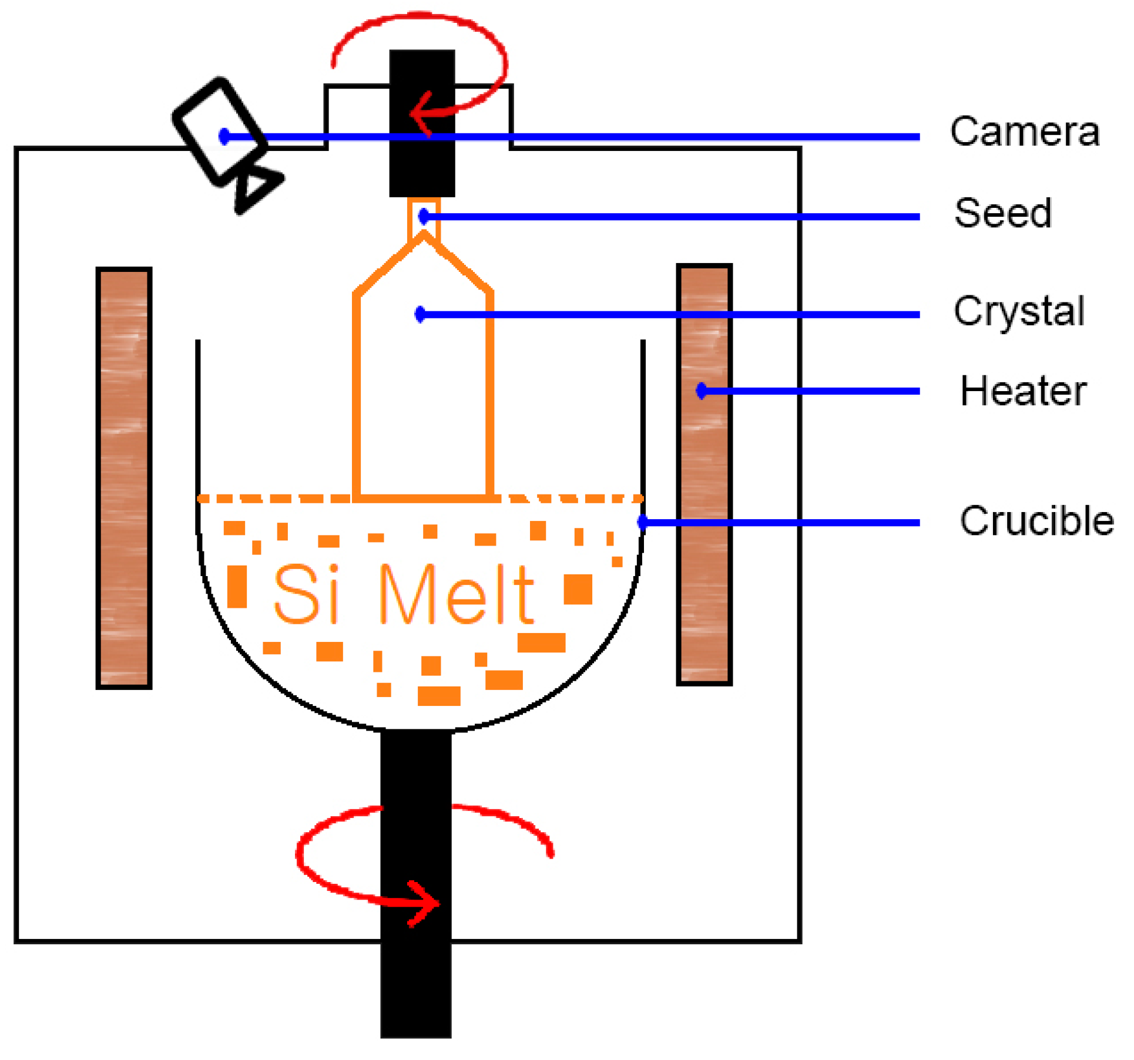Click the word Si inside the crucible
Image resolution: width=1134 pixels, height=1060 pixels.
pyautogui.click(x=306, y=594)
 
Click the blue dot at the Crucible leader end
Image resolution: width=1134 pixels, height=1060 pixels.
pyautogui.click(x=642, y=522)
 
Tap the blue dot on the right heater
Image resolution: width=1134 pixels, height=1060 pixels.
pyautogui.click(x=700, y=391)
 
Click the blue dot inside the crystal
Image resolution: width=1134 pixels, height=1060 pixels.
pyautogui.click(x=420, y=314)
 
